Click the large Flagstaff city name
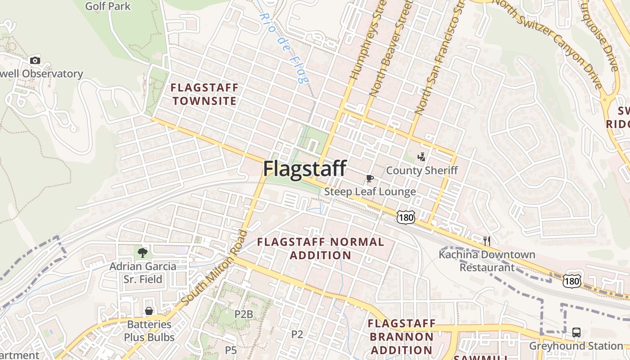click(305, 169)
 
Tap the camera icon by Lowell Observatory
click(35, 60)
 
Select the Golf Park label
click(108, 6)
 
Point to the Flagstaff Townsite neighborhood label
click(205, 94)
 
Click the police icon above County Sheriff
click(422, 157)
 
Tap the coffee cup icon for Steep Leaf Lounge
click(370, 179)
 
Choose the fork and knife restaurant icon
click(486, 241)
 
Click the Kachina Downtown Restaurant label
click(487, 261)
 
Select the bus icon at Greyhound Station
click(576, 333)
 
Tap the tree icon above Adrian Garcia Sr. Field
click(143, 252)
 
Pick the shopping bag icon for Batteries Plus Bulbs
click(149, 311)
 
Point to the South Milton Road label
click(215, 267)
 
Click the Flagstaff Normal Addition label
click(320, 248)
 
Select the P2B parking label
click(243, 314)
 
